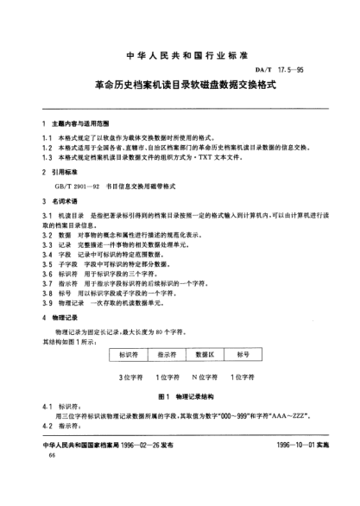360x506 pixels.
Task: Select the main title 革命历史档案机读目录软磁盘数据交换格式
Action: (180, 86)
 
